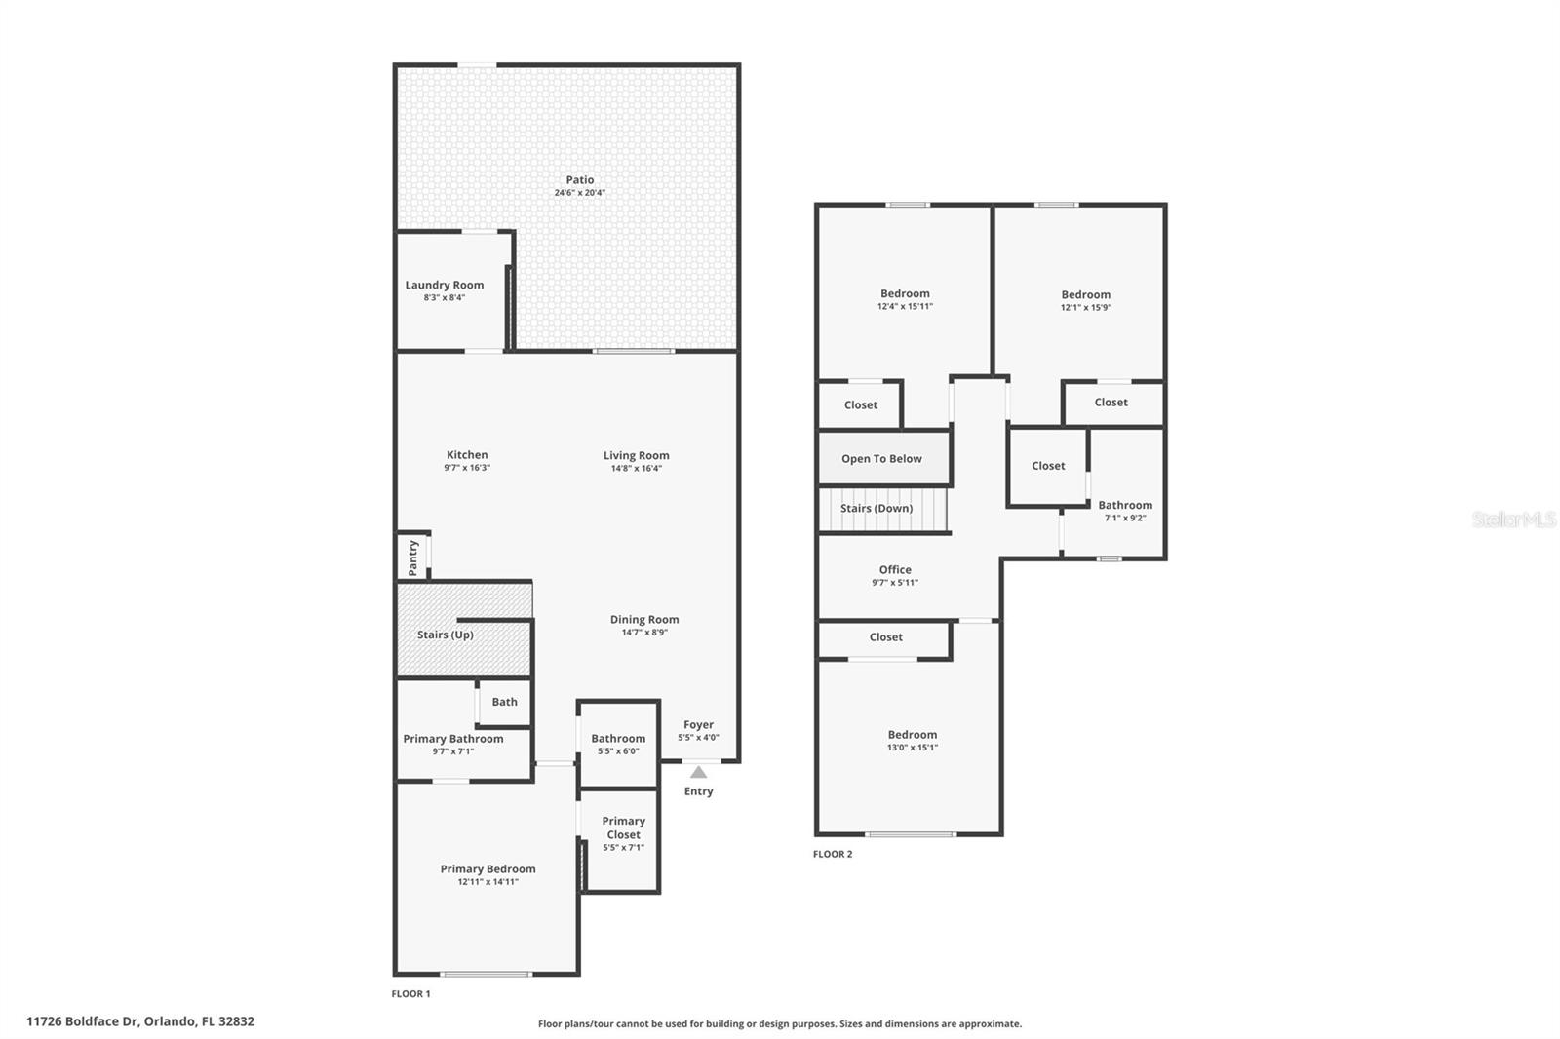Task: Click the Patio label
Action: pos(580,180)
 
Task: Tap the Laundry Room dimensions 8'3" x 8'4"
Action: pos(444,298)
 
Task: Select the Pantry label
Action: pos(413,558)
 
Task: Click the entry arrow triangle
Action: pos(698,772)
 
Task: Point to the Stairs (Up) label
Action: pos(446,635)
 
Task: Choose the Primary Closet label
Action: pos(623,827)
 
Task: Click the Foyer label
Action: pos(698,725)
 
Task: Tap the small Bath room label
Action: pos(504,702)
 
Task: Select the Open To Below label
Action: pos(881,459)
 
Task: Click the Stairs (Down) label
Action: pos(877,509)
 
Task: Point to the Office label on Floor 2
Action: pos(895,570)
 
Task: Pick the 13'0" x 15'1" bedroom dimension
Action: pos(913,748)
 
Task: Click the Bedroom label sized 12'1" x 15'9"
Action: pos(1085,294)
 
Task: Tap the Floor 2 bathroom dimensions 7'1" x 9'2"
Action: pos(1125,519)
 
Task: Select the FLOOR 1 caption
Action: pos(410,994)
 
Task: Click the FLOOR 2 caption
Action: pos(833,854)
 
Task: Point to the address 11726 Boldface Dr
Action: pos(140,1021)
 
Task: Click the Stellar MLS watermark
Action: pos(1513,519)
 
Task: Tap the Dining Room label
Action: pos(644,620)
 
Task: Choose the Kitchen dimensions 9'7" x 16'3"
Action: pos(466,468)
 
